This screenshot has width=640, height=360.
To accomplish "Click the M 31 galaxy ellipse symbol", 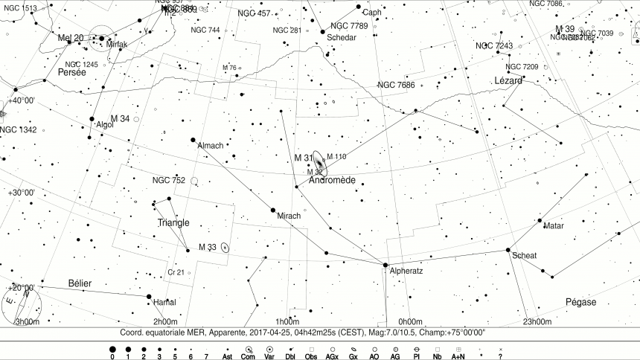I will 319,163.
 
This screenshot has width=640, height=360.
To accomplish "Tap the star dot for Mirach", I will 273,210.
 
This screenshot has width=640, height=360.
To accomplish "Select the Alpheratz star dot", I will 385,265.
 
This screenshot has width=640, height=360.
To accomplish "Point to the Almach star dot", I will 193,139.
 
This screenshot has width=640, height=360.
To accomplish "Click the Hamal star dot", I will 149,296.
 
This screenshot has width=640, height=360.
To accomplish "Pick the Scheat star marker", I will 508,250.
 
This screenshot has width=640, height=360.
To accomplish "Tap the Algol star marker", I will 92,119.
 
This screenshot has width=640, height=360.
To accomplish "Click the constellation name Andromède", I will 331,181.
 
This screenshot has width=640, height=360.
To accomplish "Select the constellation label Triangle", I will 173,222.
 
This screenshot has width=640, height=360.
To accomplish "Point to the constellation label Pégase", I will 581,302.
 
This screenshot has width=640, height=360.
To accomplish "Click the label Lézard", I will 508,80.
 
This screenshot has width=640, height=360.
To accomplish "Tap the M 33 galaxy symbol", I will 225,248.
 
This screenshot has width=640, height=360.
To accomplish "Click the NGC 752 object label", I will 168,180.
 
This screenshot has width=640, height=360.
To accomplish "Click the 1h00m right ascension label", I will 287,321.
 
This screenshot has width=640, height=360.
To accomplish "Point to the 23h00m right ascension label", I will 537,321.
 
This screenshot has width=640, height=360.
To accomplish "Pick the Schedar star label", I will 342,37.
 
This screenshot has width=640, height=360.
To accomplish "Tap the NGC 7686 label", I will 396,85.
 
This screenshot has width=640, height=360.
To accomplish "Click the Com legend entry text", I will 249,357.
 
